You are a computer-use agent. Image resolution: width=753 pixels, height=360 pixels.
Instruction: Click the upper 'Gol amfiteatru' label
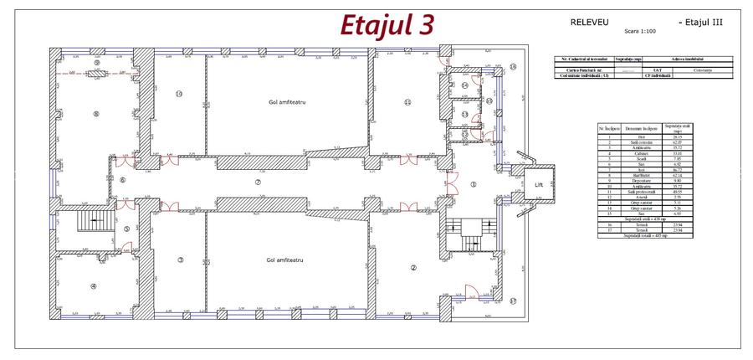284,100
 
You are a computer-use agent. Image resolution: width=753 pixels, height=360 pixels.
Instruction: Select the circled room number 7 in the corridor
259,180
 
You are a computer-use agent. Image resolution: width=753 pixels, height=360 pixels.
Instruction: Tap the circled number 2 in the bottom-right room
412,268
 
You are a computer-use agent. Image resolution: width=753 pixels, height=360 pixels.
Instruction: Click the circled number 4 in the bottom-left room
94,287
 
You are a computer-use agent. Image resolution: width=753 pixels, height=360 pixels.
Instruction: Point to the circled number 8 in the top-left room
96,114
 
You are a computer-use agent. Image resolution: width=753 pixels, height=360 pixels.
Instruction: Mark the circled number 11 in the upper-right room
407,101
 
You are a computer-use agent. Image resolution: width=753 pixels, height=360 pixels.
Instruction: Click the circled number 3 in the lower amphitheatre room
180,260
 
